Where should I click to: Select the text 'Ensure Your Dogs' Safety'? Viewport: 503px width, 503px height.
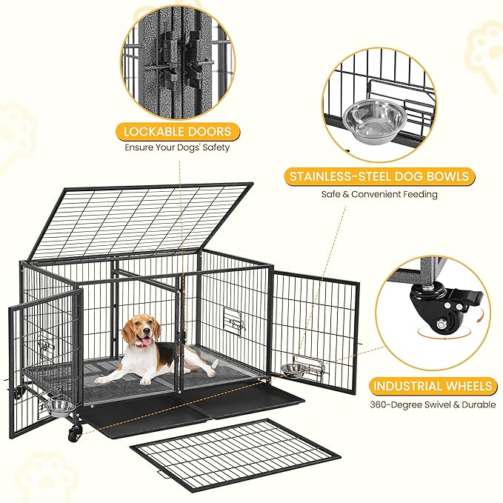click(177, 147)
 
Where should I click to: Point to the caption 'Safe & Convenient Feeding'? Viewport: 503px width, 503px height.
click(379, 194)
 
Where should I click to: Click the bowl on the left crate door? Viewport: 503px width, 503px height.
click(59, 407)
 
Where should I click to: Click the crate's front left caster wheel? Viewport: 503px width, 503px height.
click(74, 433)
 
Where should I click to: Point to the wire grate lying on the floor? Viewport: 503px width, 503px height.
click(236, 455)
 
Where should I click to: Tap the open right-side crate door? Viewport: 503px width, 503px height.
click(315, 326)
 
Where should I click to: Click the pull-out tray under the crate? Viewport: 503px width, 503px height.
click(193, 412)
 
